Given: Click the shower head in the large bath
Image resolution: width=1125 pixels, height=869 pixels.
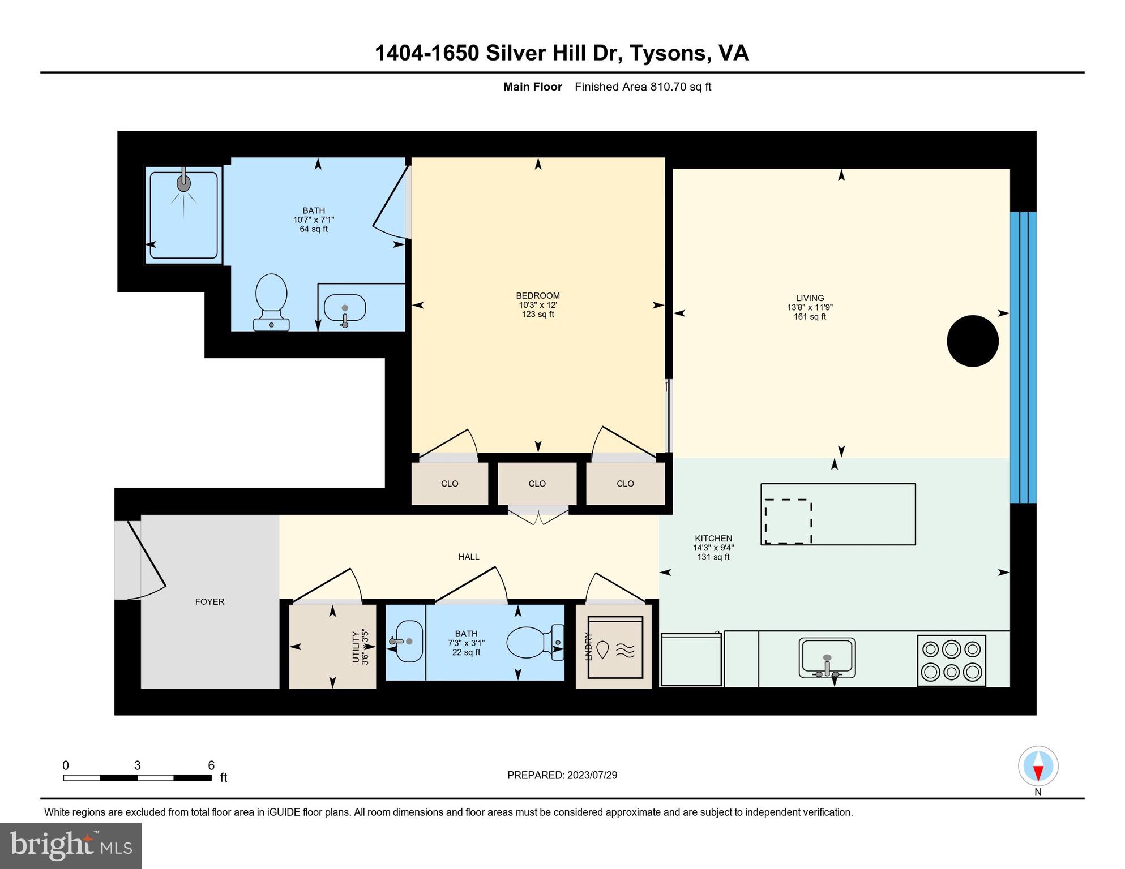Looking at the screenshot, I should (x=183, y=183).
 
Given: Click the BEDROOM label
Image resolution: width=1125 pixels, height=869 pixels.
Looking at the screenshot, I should (x=537, y=295).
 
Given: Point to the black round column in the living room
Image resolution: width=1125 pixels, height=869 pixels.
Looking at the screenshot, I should (x=972, y=341).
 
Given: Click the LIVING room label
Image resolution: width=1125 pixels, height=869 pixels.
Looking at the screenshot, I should (x=810, y=298).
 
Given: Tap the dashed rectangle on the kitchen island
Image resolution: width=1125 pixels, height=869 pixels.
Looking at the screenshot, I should (x=788, y=521).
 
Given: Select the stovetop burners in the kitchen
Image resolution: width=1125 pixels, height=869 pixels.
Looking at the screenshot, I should (x=951, y=660).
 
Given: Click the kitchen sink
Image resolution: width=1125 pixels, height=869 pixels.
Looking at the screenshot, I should (x=827, y=657).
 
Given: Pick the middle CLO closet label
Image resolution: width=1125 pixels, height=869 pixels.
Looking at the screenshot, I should (x=537, y=483).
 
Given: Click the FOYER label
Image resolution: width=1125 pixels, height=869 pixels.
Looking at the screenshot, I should (x=209, y=601).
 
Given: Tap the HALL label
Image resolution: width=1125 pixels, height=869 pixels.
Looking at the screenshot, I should (x=469, y=557).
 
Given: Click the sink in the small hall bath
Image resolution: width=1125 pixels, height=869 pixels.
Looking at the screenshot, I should (x=408, y=641).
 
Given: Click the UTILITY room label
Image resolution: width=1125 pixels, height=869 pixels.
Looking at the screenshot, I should (x=356, y=647).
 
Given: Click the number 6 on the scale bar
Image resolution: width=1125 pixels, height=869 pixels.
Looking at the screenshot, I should (x=211, y=765).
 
